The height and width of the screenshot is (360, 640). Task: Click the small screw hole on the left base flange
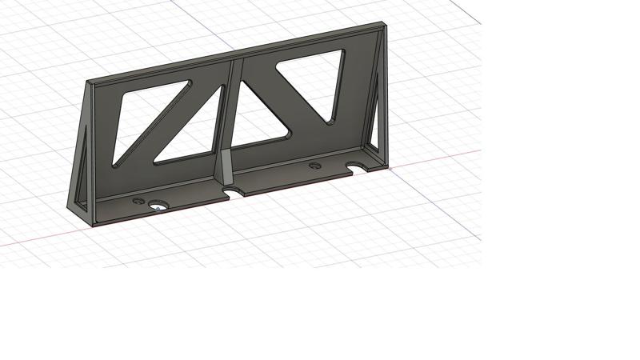(x=138, y=201)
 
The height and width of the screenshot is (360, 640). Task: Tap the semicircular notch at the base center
(x=234, y=192)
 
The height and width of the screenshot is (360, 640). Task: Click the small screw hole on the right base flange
(x=314, y=166)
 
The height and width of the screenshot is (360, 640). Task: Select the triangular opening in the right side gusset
(x=376, y=112)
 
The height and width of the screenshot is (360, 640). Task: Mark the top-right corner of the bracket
(x=385, y=24)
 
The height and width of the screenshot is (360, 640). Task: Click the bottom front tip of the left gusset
(x=68, y=206)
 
